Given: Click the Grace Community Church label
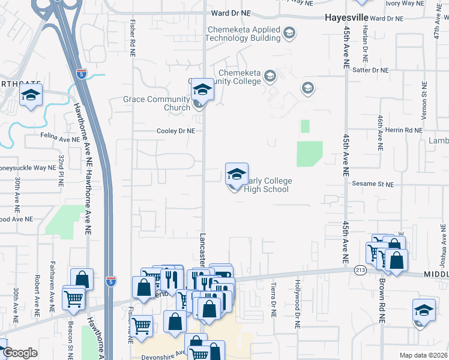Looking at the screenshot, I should pos(156,103).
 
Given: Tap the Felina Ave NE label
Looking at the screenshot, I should pos(59,139).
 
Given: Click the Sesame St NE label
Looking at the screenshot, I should pos(372,184).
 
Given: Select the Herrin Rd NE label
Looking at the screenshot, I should pos(405,130).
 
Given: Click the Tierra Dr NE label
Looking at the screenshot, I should pos(273,300).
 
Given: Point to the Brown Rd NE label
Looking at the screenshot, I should pos(381,303).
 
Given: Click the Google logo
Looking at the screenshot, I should pos(20,353).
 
